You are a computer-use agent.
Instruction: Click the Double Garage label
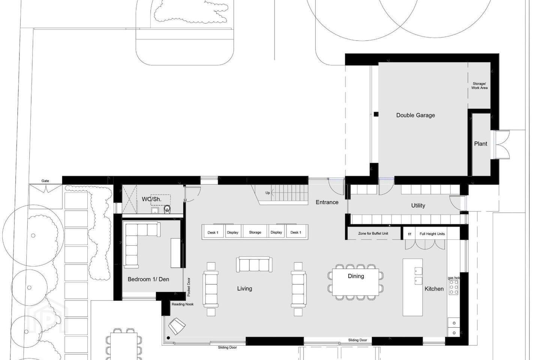415,115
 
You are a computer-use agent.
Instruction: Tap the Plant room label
481,144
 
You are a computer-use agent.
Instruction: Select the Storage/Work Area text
479,86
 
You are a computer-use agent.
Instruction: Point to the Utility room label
418,205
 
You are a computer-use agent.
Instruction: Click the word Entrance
327,202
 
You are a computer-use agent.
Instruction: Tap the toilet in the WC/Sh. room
167,209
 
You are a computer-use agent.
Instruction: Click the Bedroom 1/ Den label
148,279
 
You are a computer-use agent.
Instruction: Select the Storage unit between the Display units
255,232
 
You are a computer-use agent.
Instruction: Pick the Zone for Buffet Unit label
373,233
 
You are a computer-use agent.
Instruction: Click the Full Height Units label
432,234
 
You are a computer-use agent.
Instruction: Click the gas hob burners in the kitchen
454,287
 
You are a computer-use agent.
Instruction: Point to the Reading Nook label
183,304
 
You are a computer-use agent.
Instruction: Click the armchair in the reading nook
177,326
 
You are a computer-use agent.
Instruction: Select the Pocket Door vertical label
189,287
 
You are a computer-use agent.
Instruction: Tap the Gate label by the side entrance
45,181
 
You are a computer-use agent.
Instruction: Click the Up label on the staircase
268,193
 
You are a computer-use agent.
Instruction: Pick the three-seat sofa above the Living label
254,264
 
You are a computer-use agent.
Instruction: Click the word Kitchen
434,289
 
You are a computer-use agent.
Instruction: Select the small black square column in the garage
376,114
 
